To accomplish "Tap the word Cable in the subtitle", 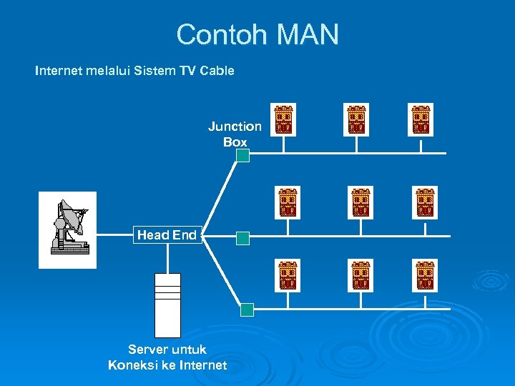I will pyautogui.click(x=217, y=71).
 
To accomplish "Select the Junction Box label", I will pyautogui.click(x=235, y=134).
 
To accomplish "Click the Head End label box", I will pyautogui.click(x=167, y=235).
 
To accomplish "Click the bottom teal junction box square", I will pyautogui.click(x=247, y=310).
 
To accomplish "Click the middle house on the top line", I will pyautogui.click(x=356, y=119).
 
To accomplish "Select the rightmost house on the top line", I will pyautogui.click(x=421, y=119).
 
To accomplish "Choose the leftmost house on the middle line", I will pyautogui.click(x=288, y=203).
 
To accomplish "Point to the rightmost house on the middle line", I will pyautogui.click(x=425, y=203).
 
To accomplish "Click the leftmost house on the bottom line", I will pyautogui.click(x=288, y=276).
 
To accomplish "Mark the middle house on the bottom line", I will pyautogui.click(x=360, y=276).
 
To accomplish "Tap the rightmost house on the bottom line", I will pyautogui.click(x=425, y=276).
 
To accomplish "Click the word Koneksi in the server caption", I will pyautogui.click(x=134, y=365).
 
